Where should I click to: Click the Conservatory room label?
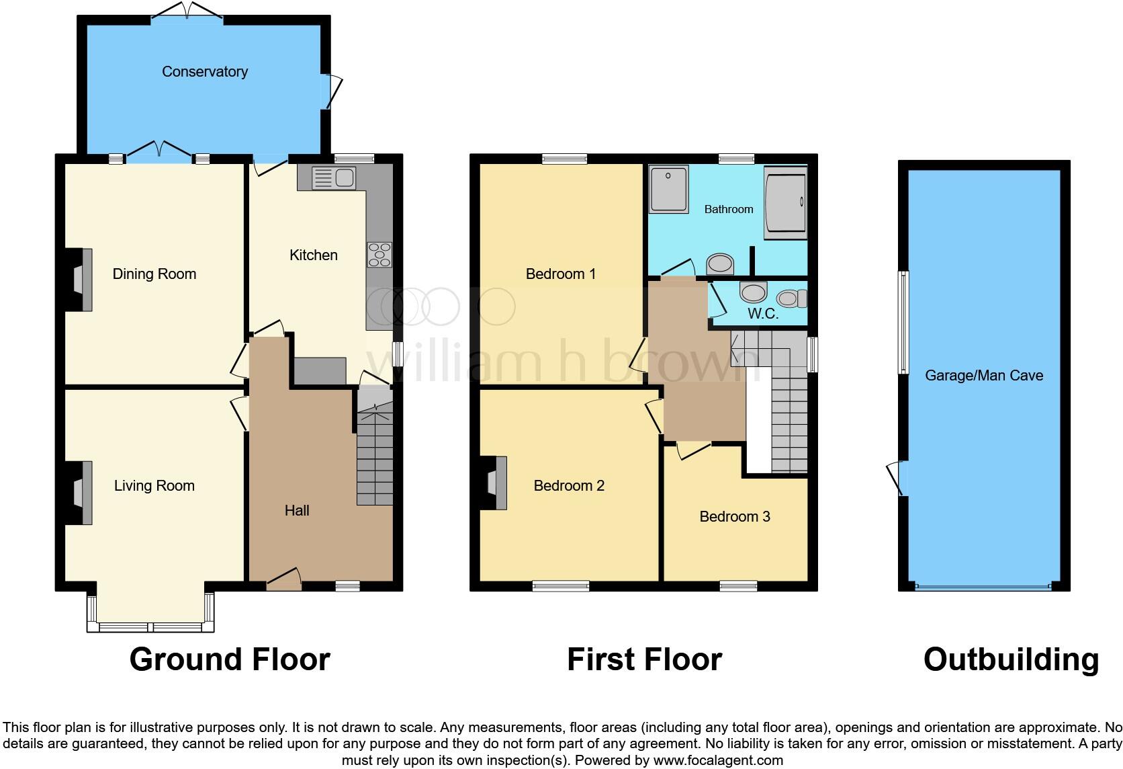[205, 72]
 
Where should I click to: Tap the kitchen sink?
[334, 178]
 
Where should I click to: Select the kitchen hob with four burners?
[379, 255]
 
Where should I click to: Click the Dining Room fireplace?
[80, 280]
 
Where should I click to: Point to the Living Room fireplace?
[80, 493]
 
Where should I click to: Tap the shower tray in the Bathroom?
[668, 189]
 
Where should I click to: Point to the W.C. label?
[762, 314]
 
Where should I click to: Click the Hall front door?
[283, 580]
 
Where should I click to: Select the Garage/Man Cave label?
[984, 376]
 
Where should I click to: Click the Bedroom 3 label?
[735, 517]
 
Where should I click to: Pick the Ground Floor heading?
[230, 659]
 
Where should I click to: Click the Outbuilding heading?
[1011, 659]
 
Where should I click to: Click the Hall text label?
[297, 511]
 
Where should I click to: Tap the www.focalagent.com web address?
[717, 761]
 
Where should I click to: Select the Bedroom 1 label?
[561, 274]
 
